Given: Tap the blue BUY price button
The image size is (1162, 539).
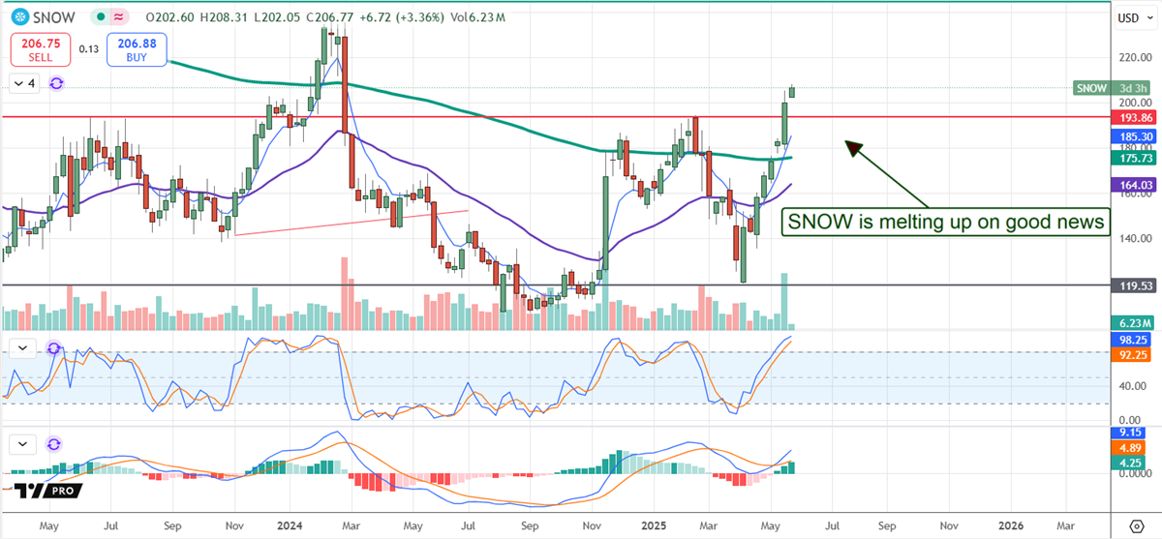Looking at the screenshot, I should pyautogui.click(x=137, y=48).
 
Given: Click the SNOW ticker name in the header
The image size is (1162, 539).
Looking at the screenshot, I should pyautogui.click(x=44, y=17).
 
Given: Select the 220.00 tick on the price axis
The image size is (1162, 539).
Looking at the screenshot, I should pyautogui.click(x=1133, y=57).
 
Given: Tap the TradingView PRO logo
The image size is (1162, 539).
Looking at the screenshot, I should pyautogui.click(x=49, y=492).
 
